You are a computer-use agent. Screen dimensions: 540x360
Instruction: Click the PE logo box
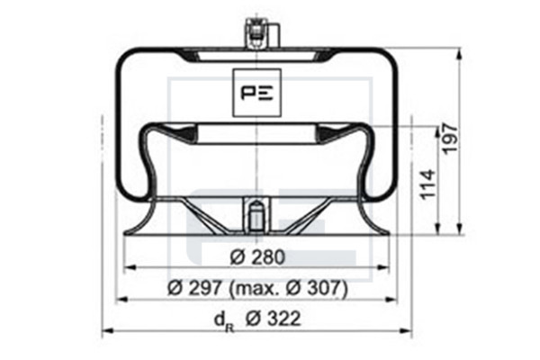256,93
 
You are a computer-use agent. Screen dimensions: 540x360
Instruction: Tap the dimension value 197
450,139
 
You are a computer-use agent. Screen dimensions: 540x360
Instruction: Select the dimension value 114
427,184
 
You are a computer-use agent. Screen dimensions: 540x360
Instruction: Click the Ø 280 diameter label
257,257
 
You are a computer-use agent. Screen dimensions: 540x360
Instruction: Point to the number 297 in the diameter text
204,288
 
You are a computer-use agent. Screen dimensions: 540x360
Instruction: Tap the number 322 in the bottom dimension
283,319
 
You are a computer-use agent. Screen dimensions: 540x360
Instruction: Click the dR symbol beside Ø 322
224,320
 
